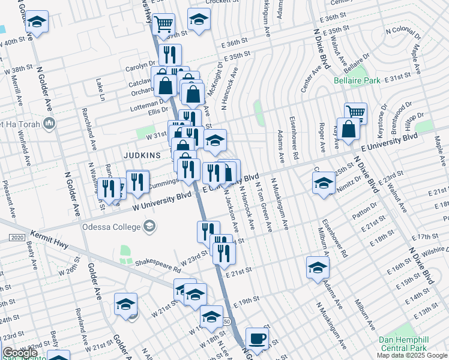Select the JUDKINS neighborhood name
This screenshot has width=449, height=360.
tap(142, 155)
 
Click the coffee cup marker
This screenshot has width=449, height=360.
tap(257, 338)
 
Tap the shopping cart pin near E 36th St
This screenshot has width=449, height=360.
tap(163, 25)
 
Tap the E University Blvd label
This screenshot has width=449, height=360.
tap(388, 144)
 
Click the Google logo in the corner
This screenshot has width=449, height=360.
tap(19, 353)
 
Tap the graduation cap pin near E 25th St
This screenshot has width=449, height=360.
tap(323, 183)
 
